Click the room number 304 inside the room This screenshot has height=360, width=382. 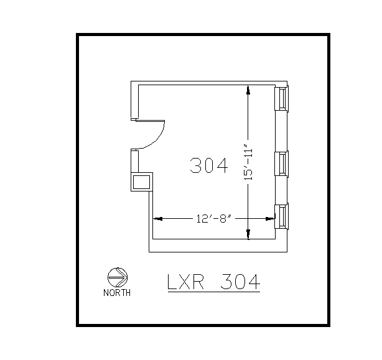(209, 165)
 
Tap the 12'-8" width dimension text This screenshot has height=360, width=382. (213, 218)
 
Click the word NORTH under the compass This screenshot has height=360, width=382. (117, 293)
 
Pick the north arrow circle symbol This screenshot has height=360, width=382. (117, 277)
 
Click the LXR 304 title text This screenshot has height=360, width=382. (213, 282)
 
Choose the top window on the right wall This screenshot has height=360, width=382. (282, 99)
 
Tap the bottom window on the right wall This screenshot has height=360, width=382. (282, 216)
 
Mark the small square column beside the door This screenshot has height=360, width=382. (141, 182)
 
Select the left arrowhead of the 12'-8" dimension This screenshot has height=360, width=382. (157, 218)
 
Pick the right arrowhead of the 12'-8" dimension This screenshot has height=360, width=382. (271, 218)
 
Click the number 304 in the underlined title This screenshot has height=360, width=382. (240, 282)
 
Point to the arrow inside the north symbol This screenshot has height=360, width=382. (118, 277)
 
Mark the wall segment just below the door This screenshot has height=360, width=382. (134, 160)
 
